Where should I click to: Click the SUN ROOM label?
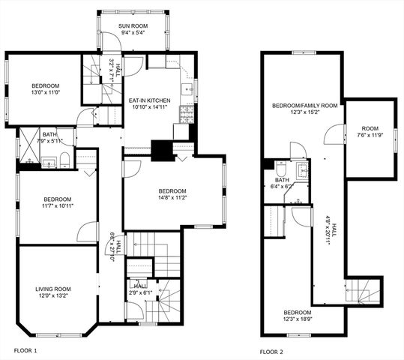tap(135, 25)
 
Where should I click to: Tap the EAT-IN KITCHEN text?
tap(150, 100)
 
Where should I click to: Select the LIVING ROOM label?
tap(52, 289)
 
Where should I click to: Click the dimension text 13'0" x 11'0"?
tap(45, 94)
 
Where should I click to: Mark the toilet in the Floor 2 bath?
tap(281, 169)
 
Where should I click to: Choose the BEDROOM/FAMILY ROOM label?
tap(304, 106)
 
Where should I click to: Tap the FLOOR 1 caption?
tap(25, 350)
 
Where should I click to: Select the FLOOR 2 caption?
tap(272, 351)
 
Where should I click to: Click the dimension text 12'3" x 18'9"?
tap(298, 319)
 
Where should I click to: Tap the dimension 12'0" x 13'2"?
tap(52, 296)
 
